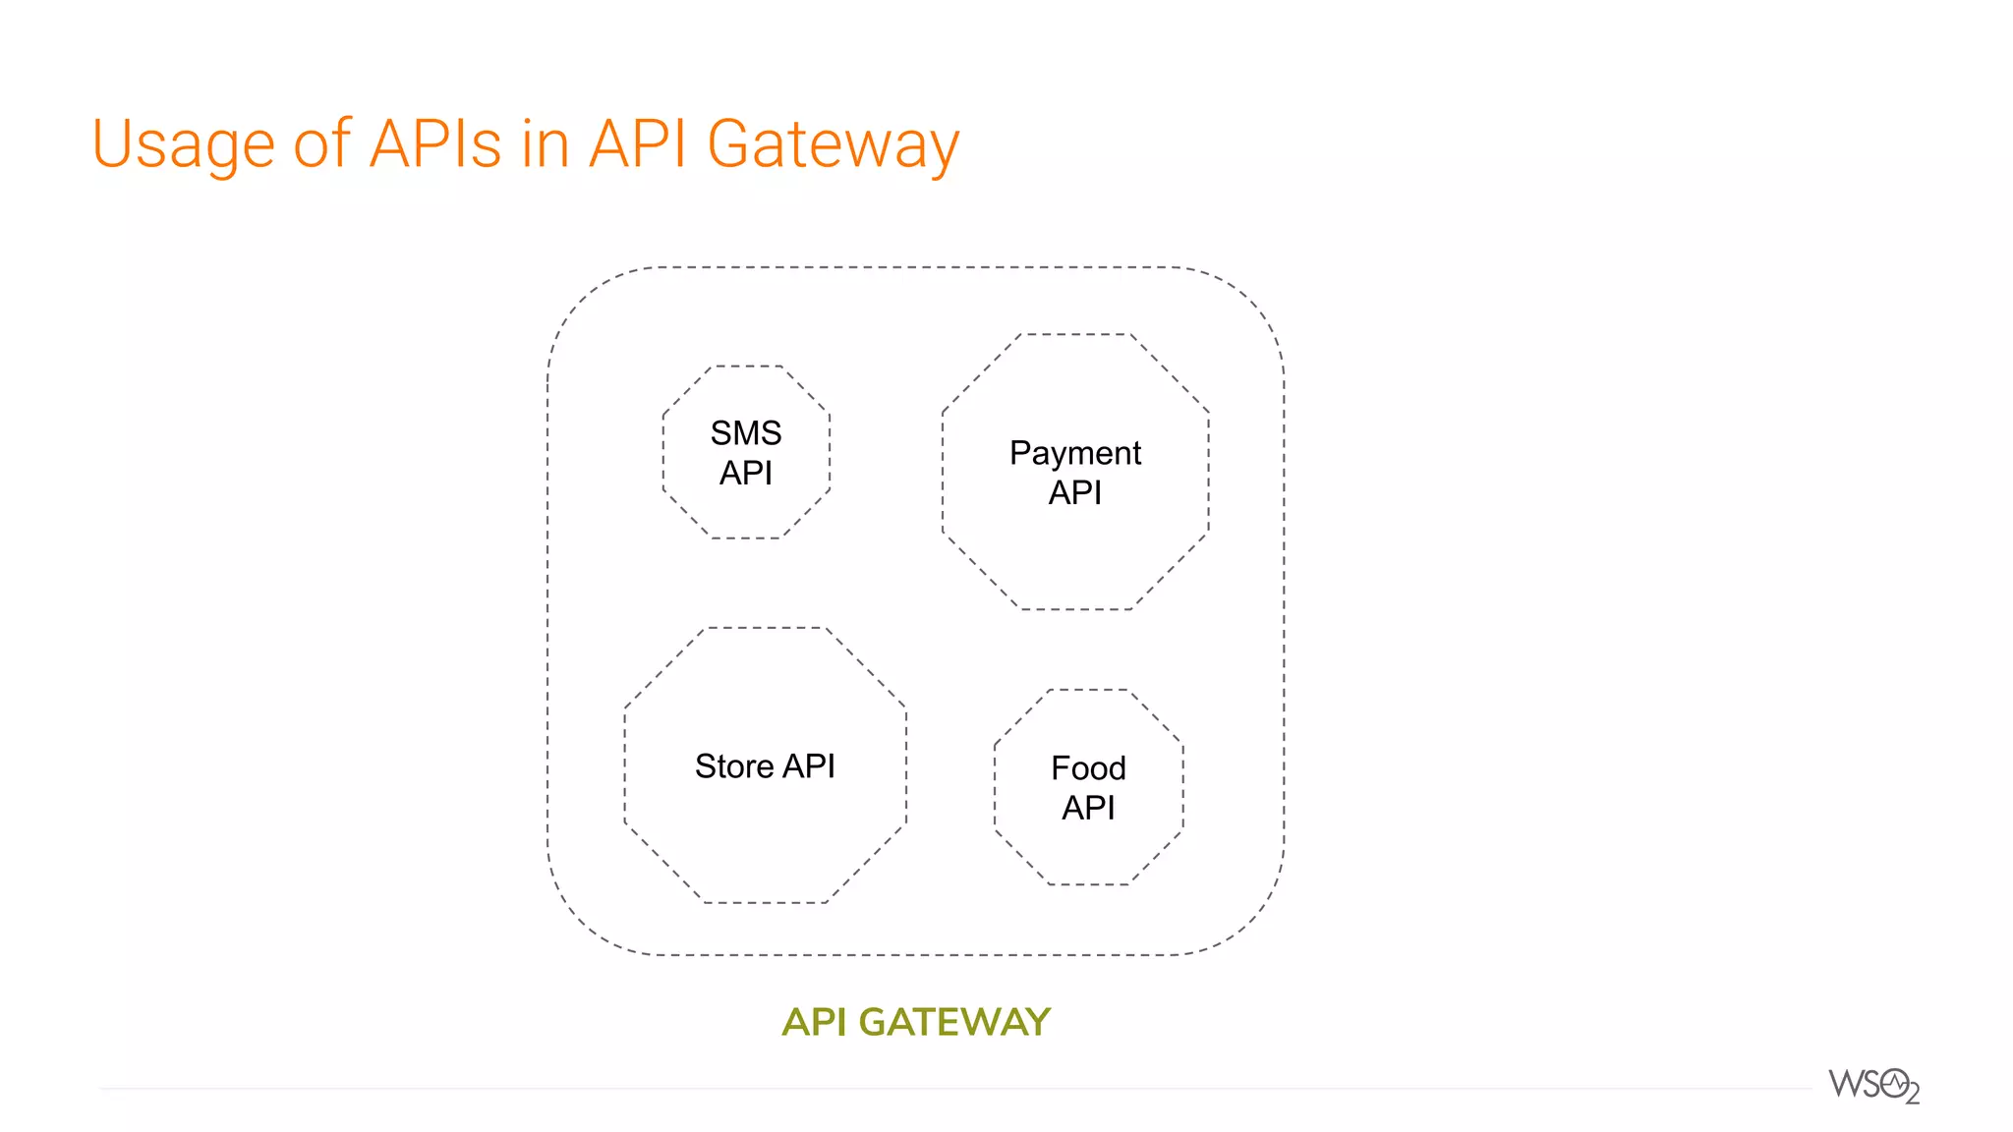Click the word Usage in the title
(x=183, y=145)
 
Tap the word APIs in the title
(x=434, y=144)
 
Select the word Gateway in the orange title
(x=832, y=145)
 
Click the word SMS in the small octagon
(x=746, y=432)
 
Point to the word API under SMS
(x=746, y=473)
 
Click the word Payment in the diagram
(x=1074, y=453)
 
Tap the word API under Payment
(x=1074, y=492)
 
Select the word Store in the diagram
(x=733, y=765)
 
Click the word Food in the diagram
(x=1088, y=767)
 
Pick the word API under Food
(x=1088, y=808)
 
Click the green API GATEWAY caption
(x=916, y=1022)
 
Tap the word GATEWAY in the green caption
(x=954, y=1022)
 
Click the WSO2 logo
(x=1873, y=1086)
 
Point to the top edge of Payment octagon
(x=1075, y=334)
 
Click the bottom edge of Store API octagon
(x=765, y=902)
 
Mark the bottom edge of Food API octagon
(x=1089, y=884)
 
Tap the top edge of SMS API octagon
(x=747, y=366)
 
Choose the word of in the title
(x=320, y=144)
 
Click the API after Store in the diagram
(x=809, y=765)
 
